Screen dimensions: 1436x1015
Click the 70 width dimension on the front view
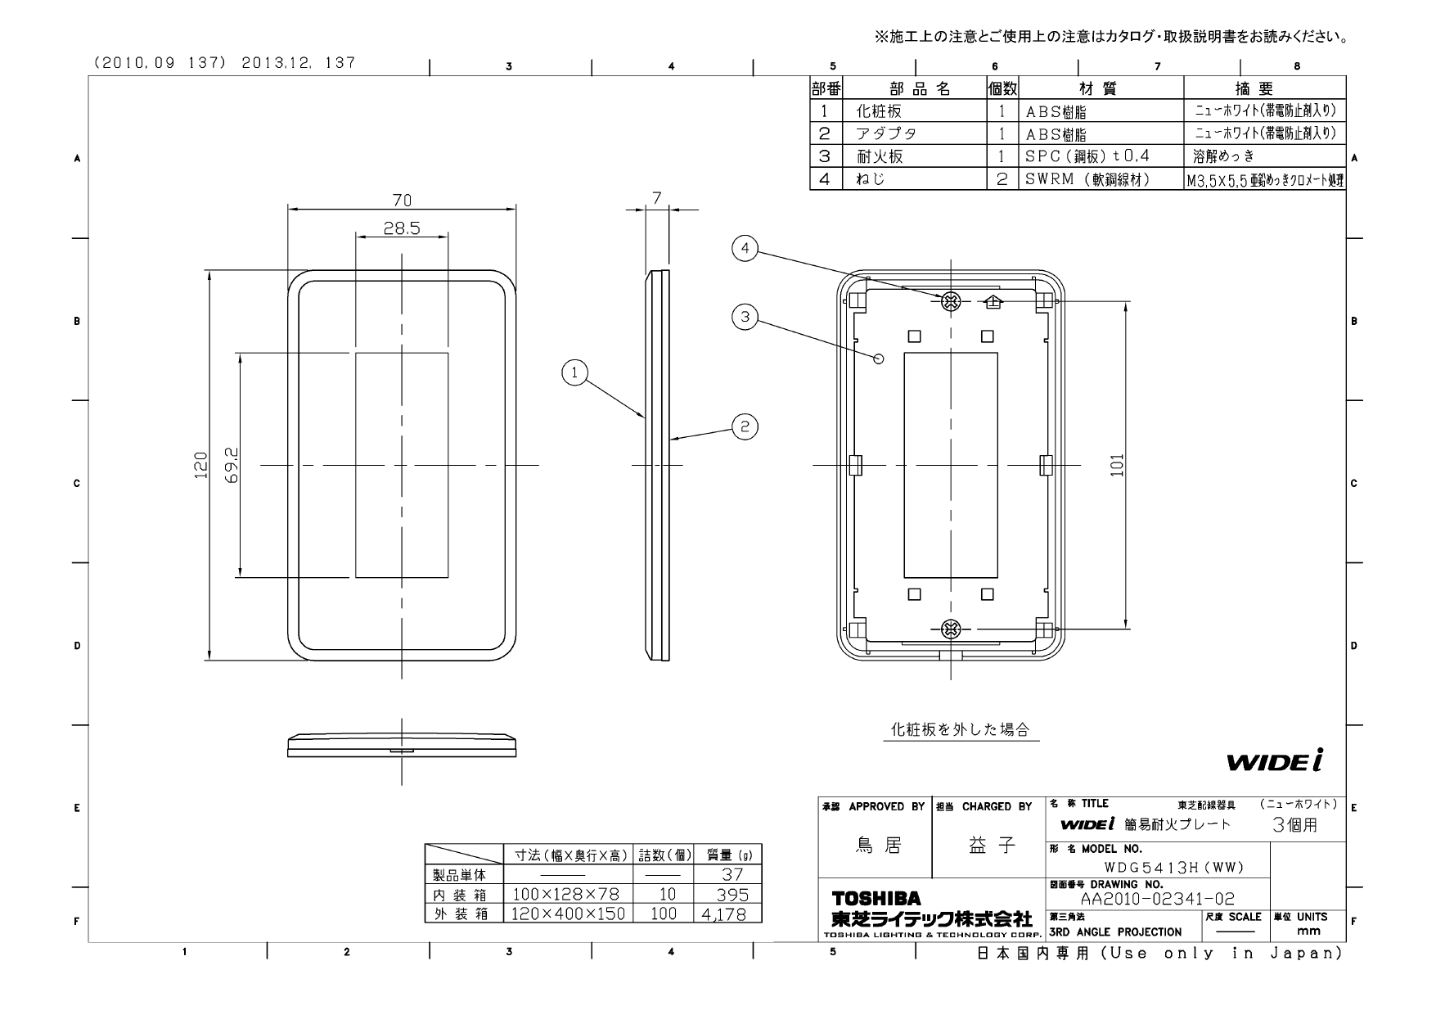coord(402,200)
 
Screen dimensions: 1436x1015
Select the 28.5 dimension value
coord(402,228)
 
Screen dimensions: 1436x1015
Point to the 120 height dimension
coord(200,466)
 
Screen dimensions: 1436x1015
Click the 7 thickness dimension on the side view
coord(656,196)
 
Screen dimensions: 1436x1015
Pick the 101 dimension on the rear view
coord(1118,465)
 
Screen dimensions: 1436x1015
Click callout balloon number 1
coord(574,373)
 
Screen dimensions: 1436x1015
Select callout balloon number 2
coord(745,426)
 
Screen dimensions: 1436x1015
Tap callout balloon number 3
coord(745,318)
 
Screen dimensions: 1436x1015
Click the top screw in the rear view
coord(951,301)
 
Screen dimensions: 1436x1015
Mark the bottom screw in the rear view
coord(951,629)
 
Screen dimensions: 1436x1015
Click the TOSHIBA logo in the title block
coord(876,899)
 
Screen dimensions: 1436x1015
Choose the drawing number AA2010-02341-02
coord(1157,900)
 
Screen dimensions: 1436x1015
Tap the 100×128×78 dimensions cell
coord(566,895)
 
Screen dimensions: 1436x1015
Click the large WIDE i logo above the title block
coord(1274,762)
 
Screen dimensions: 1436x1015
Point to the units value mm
coord(1309,932)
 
